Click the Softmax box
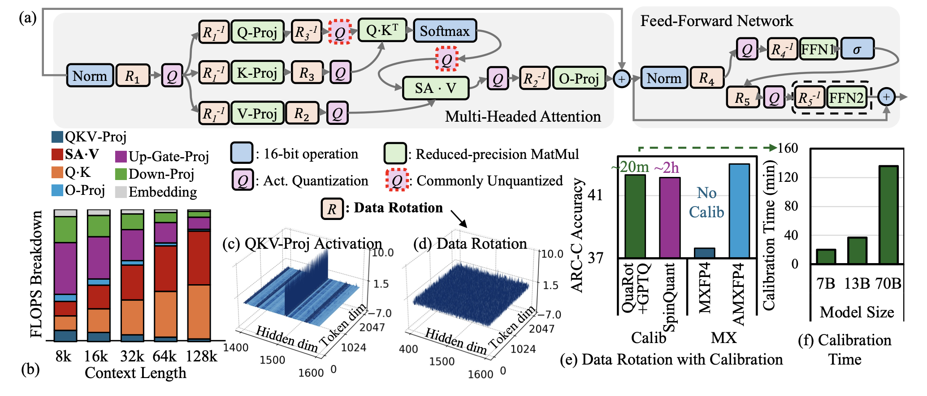(x=444, y=31)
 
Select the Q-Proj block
(x=257, y=32)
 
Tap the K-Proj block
(x=257, y=73)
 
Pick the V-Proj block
(x=257, y=113)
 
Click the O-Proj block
(x=579, y=79)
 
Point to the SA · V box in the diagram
(x=435, y=88)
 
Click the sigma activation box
(x=857, y=49)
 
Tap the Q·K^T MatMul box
(x=382, y=30)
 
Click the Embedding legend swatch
(x=121, y=192)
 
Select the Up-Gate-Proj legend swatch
(x=121, y=156)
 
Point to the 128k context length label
(x=201, y=356)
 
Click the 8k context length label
(x=63, y=356)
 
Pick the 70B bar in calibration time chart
(x=888, y=215)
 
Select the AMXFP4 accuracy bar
(x=739, y=211)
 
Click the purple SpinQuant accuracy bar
(x=670, y=217)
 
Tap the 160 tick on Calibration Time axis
(x=788, y=148)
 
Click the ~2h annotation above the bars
(x=667, y=168)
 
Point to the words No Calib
(x=706, y=202)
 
